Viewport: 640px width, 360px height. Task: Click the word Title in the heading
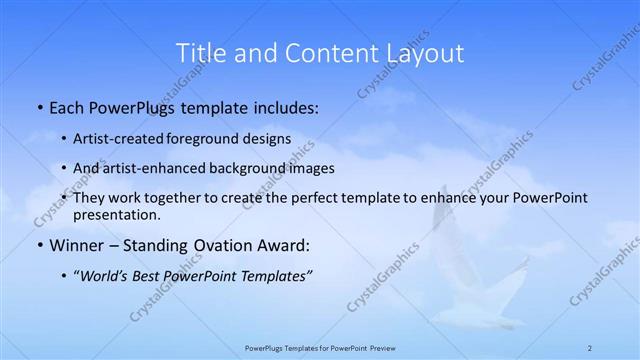pos(198,52)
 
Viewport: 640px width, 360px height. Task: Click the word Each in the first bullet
pos(68,107)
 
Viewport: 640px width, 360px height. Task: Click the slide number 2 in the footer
pos(591,347)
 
